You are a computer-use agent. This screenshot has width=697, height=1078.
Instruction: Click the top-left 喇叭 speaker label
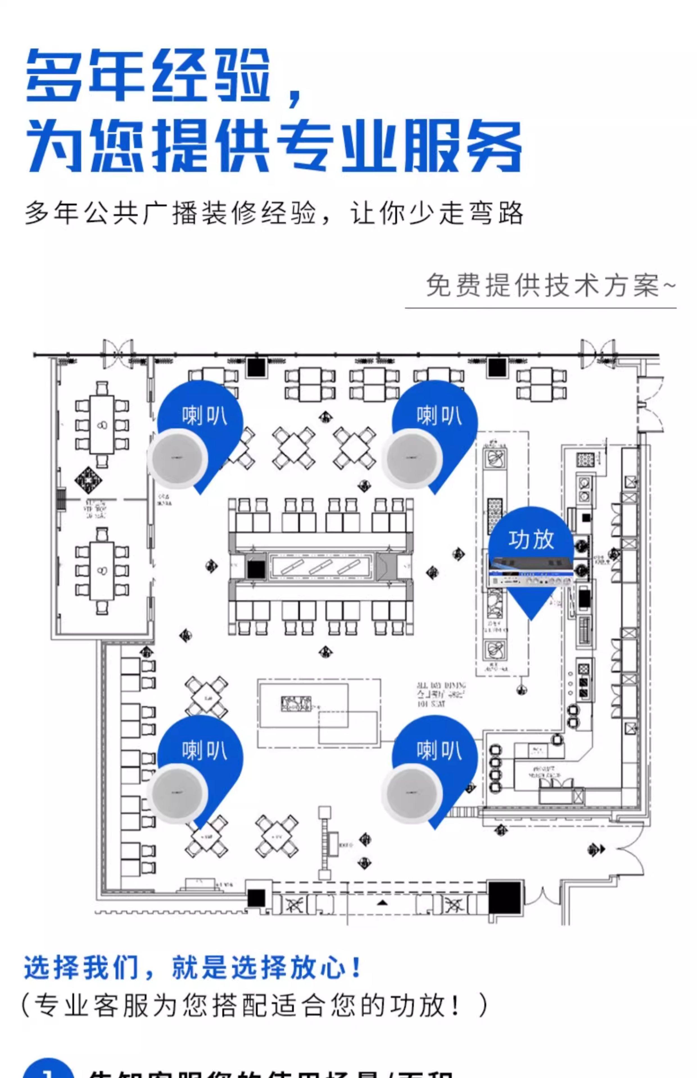coord(205,415)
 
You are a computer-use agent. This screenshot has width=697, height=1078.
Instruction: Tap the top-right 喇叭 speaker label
coord(439,415)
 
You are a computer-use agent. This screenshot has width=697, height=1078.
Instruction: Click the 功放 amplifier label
coord(531,540)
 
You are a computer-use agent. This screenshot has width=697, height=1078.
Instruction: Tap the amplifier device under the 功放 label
coord(530,572)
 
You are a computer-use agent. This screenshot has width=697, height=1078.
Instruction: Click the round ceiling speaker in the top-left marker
coord(177,458)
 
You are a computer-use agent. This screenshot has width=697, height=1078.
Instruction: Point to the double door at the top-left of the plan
coord(118,353)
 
